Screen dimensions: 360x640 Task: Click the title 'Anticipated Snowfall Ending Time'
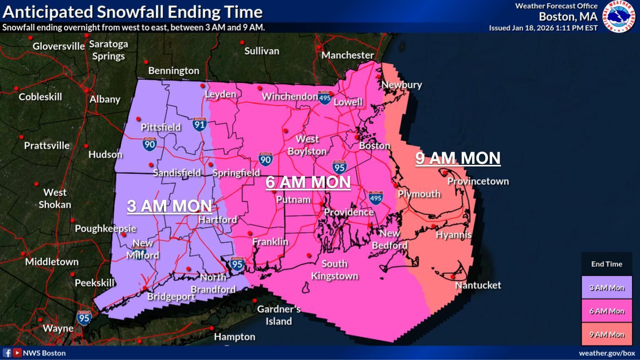coord(132,12)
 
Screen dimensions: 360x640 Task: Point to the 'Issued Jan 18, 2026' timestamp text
coord(543,28)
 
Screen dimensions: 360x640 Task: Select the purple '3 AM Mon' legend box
coord(607,287)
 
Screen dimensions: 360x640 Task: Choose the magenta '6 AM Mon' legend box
coord(607,311)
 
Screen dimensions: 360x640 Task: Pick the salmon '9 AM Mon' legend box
coord(607,334)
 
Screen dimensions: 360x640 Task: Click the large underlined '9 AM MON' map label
coord(457,158)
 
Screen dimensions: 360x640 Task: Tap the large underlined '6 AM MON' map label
coord(308,182)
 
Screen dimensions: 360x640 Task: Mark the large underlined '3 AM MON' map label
coord(169,206)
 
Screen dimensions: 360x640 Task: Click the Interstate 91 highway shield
coord(200,124)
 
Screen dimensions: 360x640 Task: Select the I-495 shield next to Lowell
coord(325,98)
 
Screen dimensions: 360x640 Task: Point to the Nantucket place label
coord(478,285)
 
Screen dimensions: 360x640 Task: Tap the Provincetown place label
coord(478,181)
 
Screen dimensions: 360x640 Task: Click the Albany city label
coord(105,99)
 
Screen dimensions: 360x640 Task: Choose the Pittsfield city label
coord(160,127)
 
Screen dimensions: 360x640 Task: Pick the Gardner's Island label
coord(279,315)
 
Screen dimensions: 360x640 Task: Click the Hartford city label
coord(217,220)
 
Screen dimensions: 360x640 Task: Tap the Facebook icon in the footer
coord(7,353)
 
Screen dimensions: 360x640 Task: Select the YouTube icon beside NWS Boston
coord(17,353)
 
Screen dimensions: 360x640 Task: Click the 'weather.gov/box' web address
coord(607,353)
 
